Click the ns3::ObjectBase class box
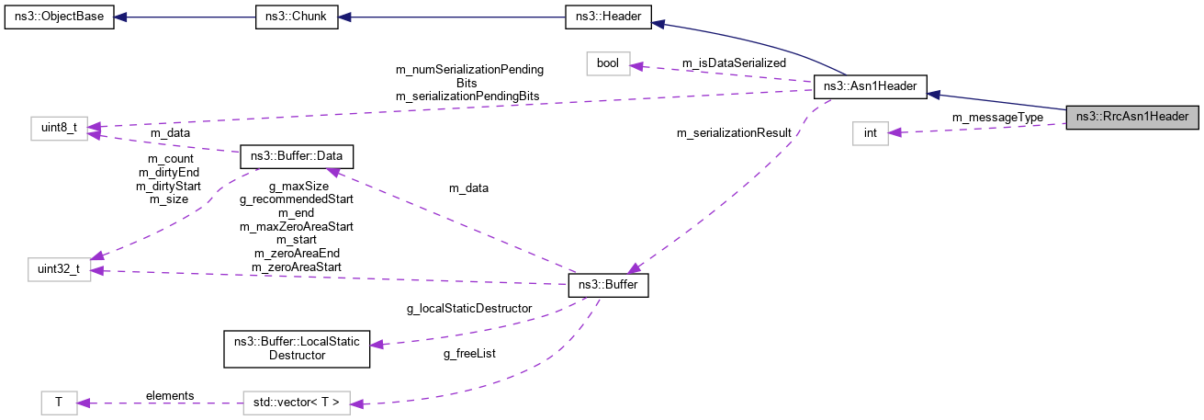(x=59, y=19)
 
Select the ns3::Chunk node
(x=297, y=19)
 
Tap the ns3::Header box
(x=608, y=19)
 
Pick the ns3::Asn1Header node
(x=871, y=89)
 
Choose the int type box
(x=870, y=133)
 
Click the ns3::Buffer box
(x=608, y=286)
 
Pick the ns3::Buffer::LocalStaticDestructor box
(x=297, y=348)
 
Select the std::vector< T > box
(x=297, y=402)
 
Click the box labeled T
(x=59, y=402)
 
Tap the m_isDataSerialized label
(x=734, y=62)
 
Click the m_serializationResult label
(x=734, y=133)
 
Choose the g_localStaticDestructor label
(x=468, y=309)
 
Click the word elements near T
(x=170, y=395)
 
